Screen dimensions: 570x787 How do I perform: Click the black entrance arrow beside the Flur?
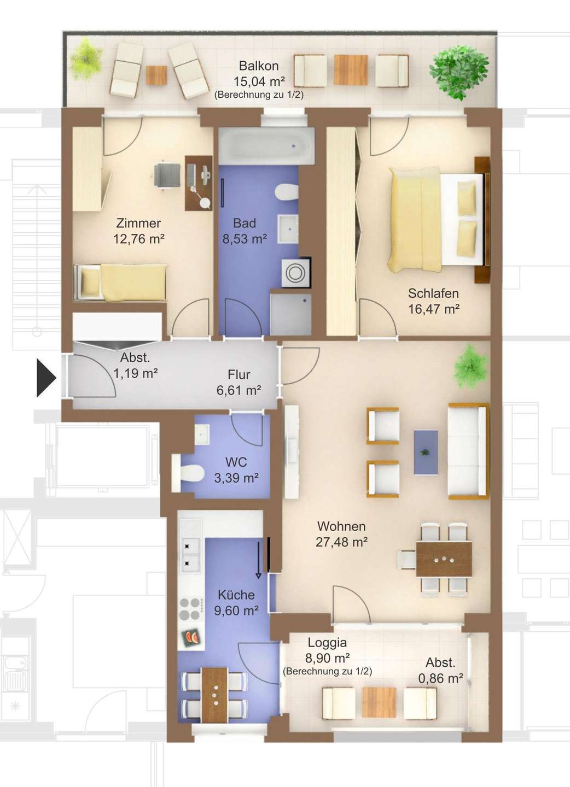(46, 379)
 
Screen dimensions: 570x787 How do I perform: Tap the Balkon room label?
(259, 66)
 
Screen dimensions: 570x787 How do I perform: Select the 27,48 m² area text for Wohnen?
(341, 542)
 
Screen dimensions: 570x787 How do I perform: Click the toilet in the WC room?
(188, 473)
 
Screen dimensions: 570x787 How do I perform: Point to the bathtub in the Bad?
(266, 145)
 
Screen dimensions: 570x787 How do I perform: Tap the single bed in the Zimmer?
(120, 283)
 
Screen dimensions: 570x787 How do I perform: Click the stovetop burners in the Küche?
(190, 608)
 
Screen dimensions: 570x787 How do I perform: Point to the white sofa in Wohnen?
(468, 451)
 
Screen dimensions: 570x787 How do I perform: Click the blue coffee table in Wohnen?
(426, 452)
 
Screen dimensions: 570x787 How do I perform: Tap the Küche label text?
(236, 595)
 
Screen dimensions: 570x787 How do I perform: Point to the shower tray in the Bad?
(290, 314)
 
